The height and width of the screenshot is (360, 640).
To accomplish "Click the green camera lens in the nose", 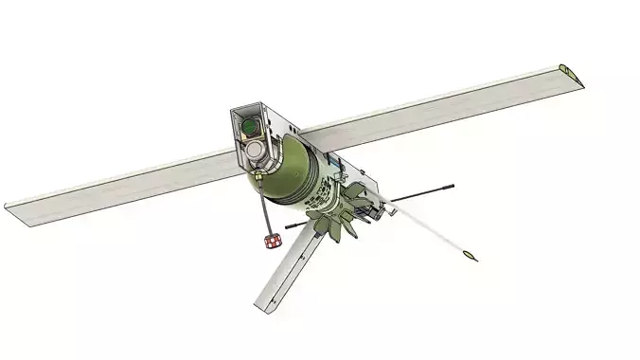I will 249,125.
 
